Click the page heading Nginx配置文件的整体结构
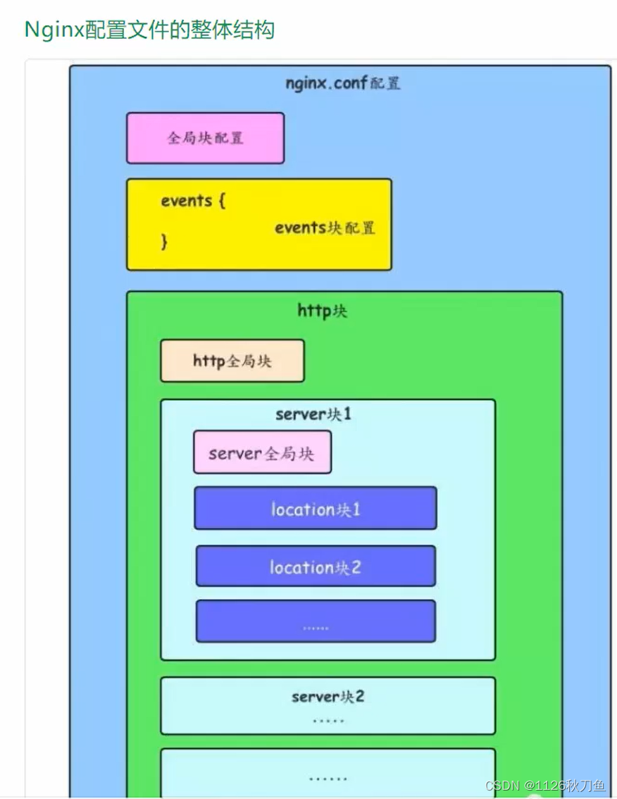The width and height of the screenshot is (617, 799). (149, 30)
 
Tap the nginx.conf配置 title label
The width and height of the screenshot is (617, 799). (343, 83)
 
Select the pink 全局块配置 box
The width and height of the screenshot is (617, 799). (205, 138)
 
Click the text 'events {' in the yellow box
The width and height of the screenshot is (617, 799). (192, 201)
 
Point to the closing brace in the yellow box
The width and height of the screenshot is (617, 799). (165, 242)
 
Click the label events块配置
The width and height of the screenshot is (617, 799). (325, 228)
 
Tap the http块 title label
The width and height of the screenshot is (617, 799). (323, 311)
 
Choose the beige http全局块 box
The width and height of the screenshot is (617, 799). (232, 361)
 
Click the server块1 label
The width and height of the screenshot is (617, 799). (313, 414)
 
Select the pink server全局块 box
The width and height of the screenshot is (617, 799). (262, 453)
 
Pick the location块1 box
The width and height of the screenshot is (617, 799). (316, 508)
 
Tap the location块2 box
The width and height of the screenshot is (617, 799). (316, 566)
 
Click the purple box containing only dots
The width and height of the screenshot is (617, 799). (316, 621)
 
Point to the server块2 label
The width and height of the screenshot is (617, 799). (328, 697)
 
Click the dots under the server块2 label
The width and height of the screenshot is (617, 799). (328, 720)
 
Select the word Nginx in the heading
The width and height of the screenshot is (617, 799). (54, 30)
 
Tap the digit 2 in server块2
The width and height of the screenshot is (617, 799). (359, 697)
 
